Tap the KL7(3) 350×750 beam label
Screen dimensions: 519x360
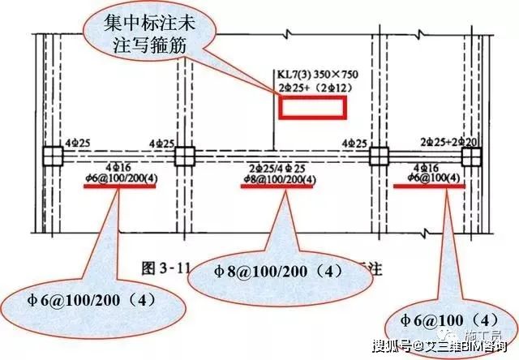pyautogui.click(x=318, y=75)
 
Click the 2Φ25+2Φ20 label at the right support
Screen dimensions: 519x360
pyautogui.click(x=449, y=143)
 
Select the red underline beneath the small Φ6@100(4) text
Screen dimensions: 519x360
pyautogui.click(x=428, y=185)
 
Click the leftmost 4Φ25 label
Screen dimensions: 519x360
pyautogui.click(x=78, y=144)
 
